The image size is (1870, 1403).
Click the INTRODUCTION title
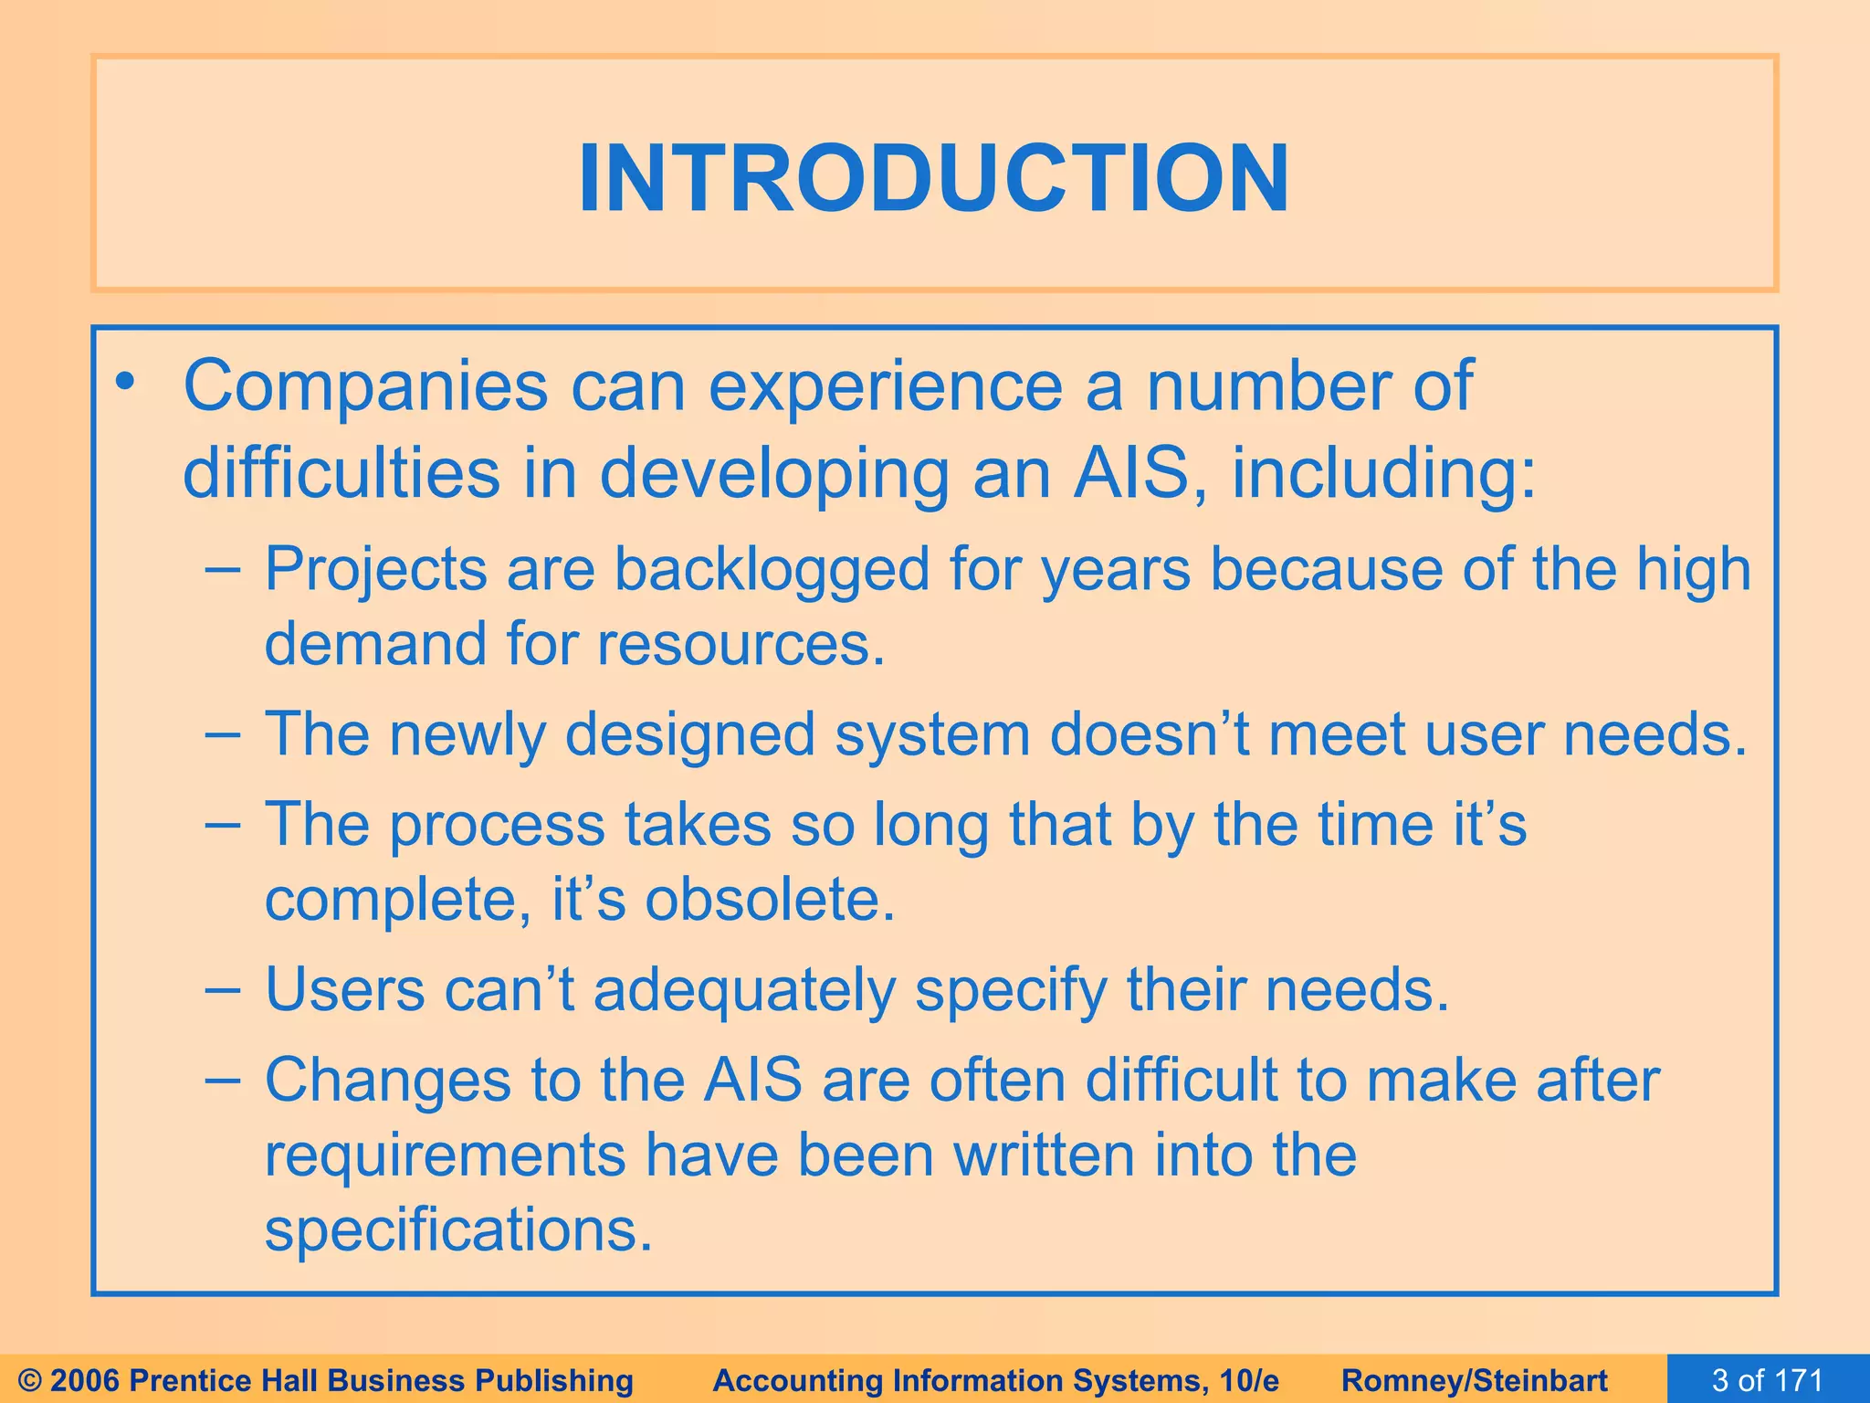(x=933, y=179)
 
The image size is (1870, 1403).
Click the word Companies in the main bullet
(x=365, y=387)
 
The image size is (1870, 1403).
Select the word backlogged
(x=771, y=570)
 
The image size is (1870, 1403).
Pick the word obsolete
(x=770, y=900)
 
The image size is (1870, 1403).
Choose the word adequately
(x=744, y=991)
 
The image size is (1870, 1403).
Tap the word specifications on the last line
(x=458, y=1230)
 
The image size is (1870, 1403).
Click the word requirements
(x=445, y=1155)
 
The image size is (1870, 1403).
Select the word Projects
(x=375, y=570)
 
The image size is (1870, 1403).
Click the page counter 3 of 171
(x=1767, y=1380)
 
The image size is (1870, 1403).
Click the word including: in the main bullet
(x=1383, y=475)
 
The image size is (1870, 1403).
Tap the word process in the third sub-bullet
(x=498, y=825)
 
